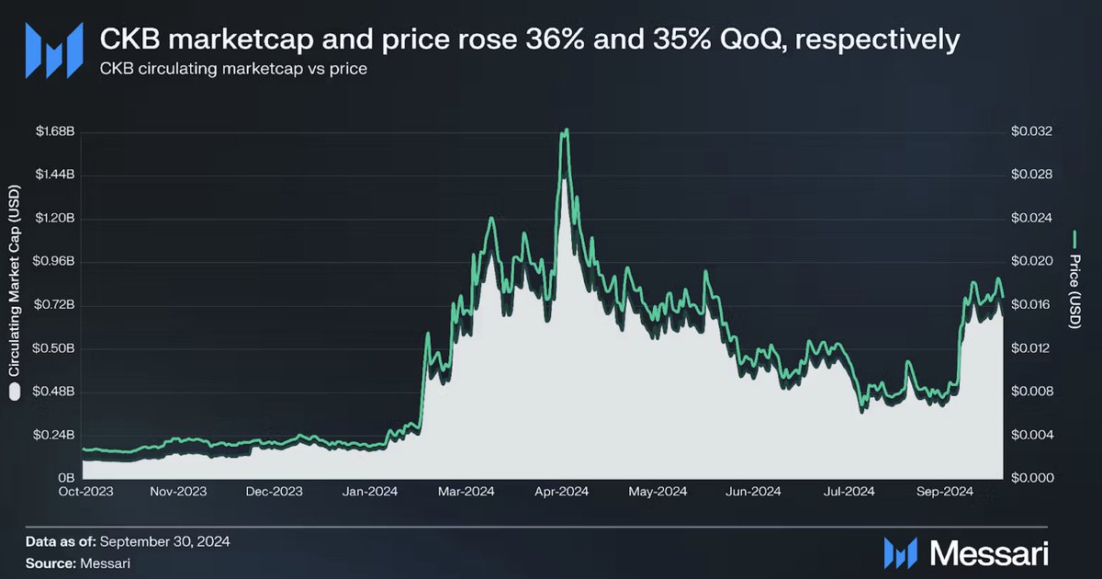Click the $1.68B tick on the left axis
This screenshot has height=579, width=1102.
click(x=54, y=132)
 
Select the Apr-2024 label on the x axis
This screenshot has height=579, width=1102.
click(x=561, y=492)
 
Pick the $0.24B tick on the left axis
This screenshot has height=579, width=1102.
click(x=54, y=436)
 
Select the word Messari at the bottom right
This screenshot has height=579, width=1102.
click(x=988, y=551)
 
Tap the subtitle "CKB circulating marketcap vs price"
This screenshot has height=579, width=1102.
click(x=233, y=70)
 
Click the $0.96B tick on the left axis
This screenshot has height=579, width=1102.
click(x=54, y=262)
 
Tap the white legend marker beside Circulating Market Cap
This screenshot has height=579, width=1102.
click(x=14, y=393)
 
